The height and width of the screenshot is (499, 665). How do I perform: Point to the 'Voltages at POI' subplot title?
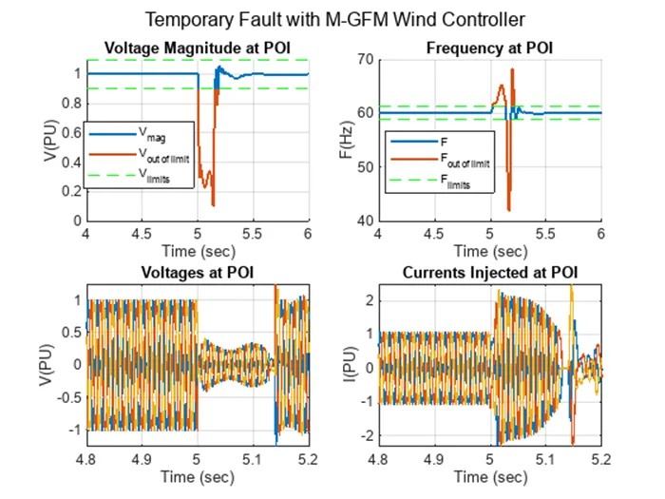tap(197, 274)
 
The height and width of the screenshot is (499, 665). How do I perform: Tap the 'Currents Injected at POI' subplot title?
tap(489, 274)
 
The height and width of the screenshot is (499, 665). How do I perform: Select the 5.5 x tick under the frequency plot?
tap(545, 233)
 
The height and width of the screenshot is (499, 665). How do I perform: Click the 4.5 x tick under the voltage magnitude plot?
tap(142, 233)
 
